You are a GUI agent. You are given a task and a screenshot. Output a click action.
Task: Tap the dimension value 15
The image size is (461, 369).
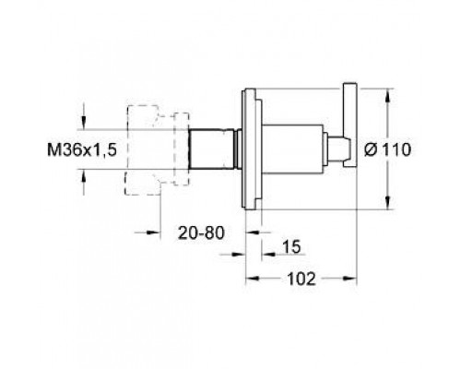(x=290, y=248)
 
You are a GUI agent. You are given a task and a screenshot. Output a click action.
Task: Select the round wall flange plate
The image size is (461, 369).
(x=252, y=147)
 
